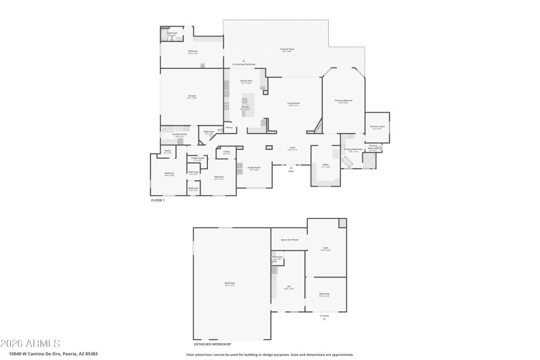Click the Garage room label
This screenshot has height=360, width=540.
coord(192,96)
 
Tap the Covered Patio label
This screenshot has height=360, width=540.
coord(286,49)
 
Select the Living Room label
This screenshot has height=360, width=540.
coord(294,103)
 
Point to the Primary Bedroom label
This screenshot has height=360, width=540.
coord(344,101)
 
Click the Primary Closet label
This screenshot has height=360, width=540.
coord(377,126)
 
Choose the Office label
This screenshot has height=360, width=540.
coord(325,164)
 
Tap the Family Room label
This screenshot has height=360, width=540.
coord(254,168)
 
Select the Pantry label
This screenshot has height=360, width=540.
coord(229,127)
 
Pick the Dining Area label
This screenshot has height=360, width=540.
coord(246,80)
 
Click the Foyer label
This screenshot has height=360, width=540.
coord(292,147)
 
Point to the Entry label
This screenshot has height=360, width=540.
coord(292,172)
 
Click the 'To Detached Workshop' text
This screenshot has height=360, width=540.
coord(243,64)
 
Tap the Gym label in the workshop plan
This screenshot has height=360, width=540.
coord(325,248)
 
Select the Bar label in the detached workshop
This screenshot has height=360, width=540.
coord(288,287)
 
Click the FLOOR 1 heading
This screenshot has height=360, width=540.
coord(157,200)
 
